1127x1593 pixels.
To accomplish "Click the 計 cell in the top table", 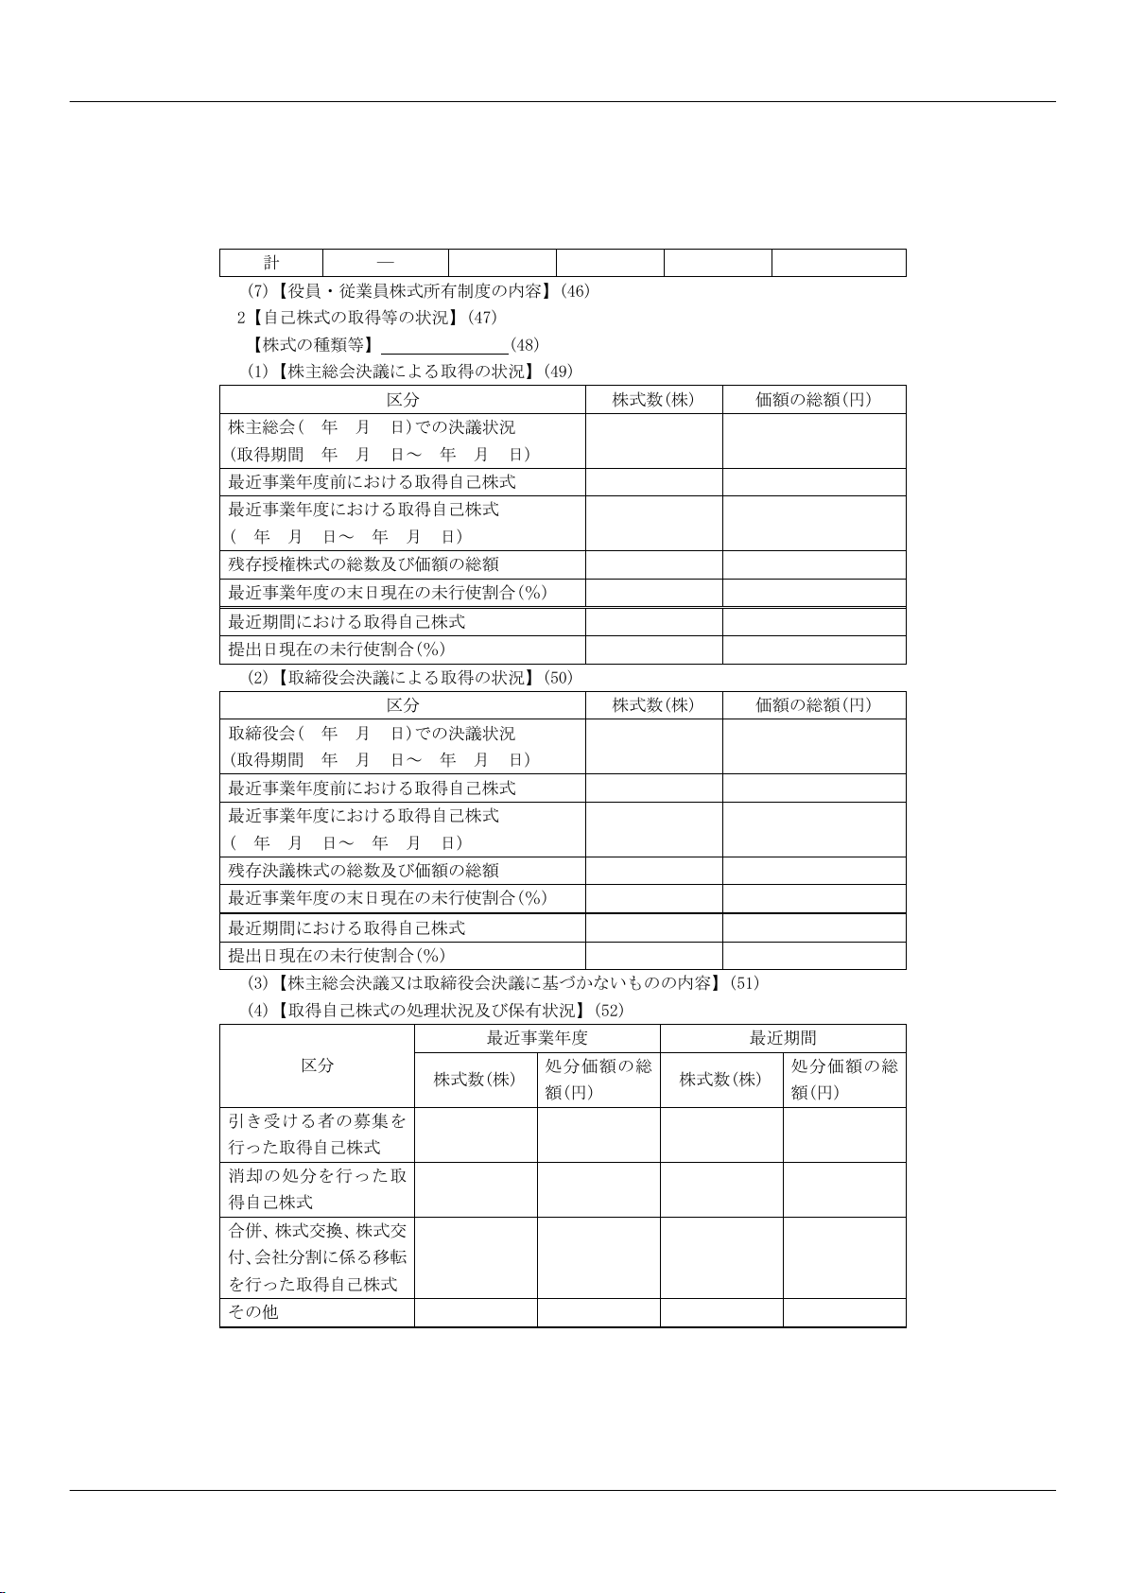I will pos(271,263).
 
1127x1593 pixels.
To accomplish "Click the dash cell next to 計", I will pos(385,263).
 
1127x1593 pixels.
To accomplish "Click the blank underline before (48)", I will pos(444,345).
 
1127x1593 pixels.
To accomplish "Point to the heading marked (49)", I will pos(409,372).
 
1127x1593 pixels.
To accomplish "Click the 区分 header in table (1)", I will pos(403,400).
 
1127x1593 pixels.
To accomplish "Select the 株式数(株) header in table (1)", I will pos(653,400).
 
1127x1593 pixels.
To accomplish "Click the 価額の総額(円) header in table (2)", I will pos(813,705).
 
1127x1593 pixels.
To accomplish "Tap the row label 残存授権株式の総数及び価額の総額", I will pos(364,564).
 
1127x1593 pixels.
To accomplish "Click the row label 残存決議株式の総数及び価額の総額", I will pos(364,871).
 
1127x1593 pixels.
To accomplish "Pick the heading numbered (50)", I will pos(409,678).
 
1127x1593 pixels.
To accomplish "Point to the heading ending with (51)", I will pos(503,983).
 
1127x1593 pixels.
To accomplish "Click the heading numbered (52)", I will pos(435,1011).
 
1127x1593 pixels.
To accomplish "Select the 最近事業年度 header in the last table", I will pos(537,1038).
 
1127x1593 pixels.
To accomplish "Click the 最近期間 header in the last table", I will pos(783,1038).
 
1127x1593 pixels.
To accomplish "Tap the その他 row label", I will pos(253,1312).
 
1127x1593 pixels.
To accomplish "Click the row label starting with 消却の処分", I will pos(317,1189).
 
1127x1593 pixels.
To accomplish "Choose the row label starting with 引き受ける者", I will pos(317,1134).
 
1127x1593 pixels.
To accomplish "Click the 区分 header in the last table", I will pos(318,1065).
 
